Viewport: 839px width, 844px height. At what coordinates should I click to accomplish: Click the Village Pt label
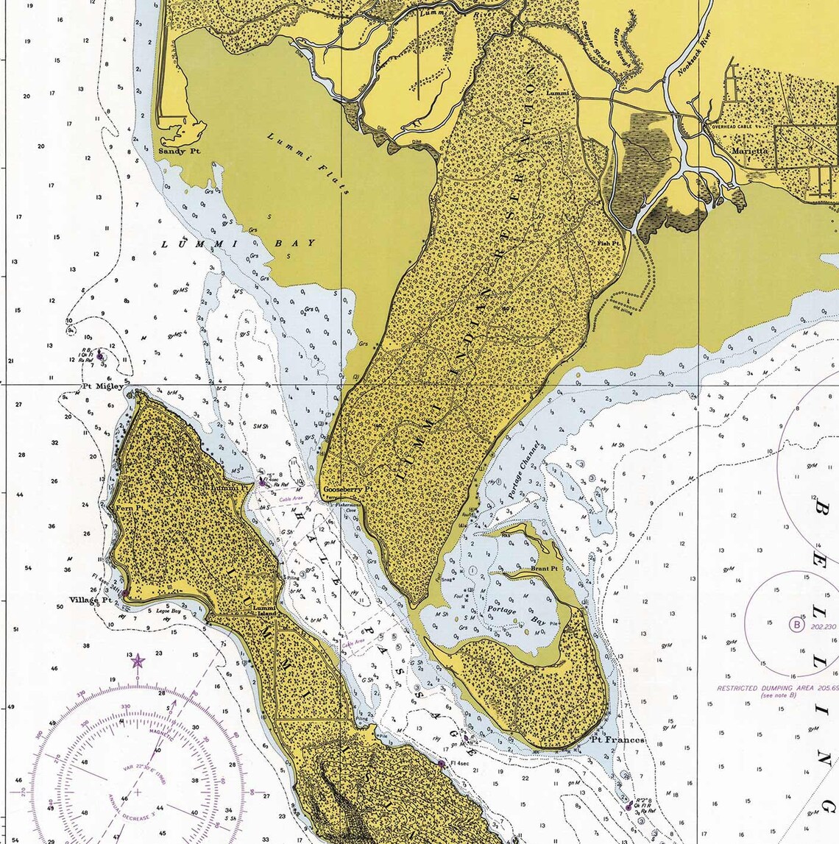pyautogui.click(x=91, y=600)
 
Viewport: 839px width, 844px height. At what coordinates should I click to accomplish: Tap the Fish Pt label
pyautogui.click(x=609, y=243)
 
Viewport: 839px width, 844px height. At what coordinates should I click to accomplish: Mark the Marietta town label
pyautogui.click(x=750, y=151)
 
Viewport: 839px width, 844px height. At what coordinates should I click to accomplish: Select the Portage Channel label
pyautogui.click(x=523, y=471)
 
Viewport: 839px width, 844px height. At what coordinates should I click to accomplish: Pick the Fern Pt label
pyautogui.click(x=127, y=508)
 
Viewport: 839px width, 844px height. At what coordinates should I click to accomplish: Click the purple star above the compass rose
pyautogui.click(x=138, y=661)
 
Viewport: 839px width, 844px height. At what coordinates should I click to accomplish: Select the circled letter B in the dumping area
pyautogui.click(x=796, y=625)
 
